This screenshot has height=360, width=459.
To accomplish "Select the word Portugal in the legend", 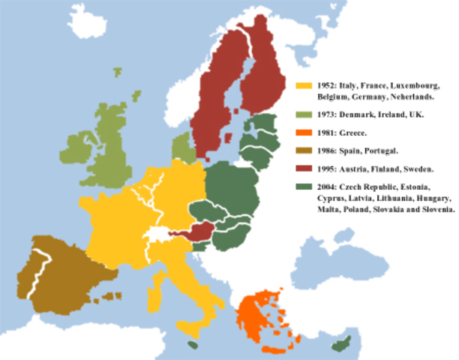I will (x=371, y=150).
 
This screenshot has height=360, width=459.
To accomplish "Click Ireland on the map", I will (x=75, y=147).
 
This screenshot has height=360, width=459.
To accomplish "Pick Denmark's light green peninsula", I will (x=181, y=147).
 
